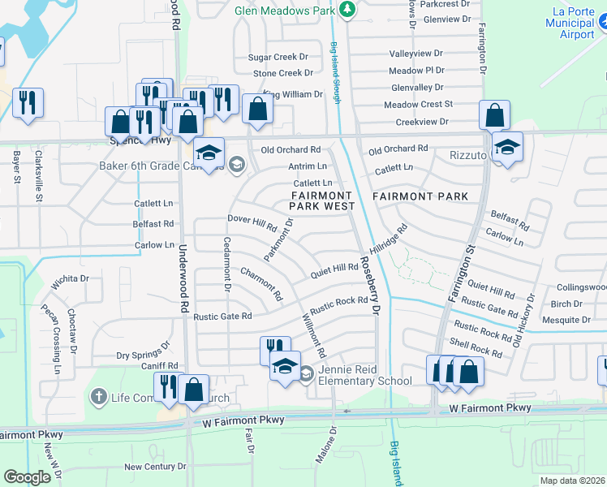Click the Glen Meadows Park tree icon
click(x=347, y=10)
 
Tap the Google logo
click(x=27, y=476)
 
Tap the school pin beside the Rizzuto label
click(x=507, y=147)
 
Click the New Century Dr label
click(x=155, y=467)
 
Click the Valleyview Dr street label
click(x=417, y=53)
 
